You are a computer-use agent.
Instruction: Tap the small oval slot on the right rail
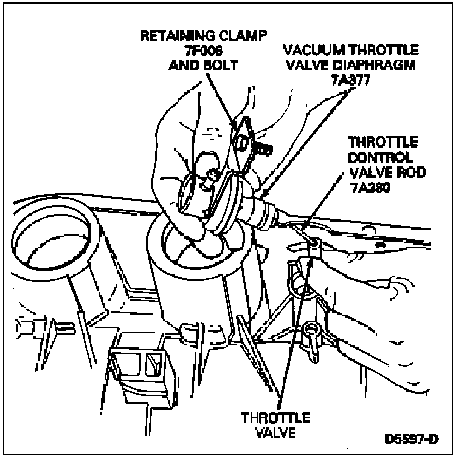point(379,245)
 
